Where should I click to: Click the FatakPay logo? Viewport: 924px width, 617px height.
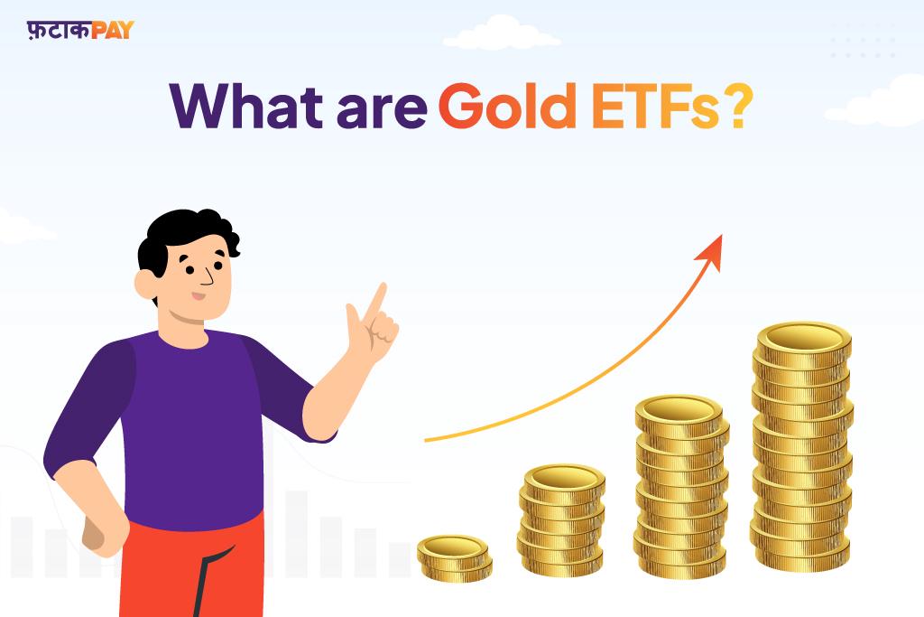click(x=80, y=30)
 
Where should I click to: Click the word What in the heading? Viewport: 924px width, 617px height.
click(x=246, y=107)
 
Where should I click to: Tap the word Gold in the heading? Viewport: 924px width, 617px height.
click(x=507, y=106)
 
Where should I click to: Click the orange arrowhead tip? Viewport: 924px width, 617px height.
click(x=721, y=236)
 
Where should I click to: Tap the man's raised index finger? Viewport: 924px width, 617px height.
click(x=374, y=301)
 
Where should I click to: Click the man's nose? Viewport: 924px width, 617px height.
click(x=208, y=277)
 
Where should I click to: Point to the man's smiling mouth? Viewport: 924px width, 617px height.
click(x=198, y=296)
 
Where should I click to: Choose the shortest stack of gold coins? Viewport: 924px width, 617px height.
click(x=455, y=558)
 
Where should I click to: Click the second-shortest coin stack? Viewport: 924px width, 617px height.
click(x=561, y=520)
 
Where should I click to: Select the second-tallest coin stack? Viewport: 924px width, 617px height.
click(x=681, y=487)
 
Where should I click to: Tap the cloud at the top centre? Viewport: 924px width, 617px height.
click(x=501, y=34)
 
